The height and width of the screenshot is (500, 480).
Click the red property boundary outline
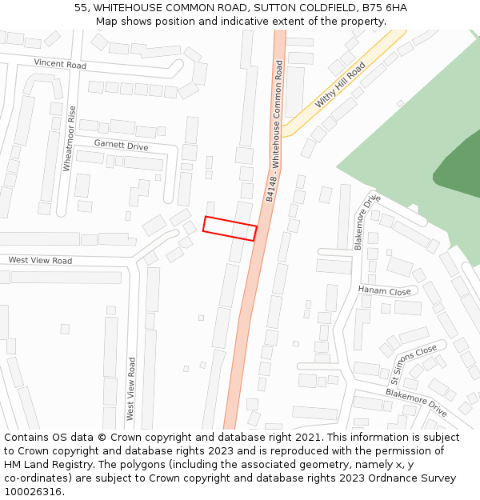point(230,228)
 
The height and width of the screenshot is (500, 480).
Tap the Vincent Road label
point(60,63)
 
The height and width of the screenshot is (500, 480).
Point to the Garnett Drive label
point(121,146)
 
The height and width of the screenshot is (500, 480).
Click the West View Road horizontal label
point(40,261)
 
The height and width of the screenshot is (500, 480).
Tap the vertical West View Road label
point(131,389)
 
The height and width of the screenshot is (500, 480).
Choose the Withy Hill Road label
point(340,87)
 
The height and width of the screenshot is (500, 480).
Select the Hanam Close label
point(385,290)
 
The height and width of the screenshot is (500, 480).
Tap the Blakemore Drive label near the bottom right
point(416,402)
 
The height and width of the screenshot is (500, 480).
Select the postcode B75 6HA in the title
point(386,8)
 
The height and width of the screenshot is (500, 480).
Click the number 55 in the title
point(81,8)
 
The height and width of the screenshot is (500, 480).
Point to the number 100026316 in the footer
point(34,492)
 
